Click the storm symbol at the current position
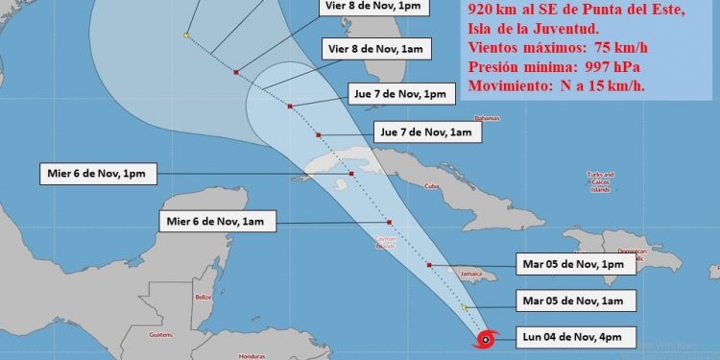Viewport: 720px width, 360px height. point(486,339)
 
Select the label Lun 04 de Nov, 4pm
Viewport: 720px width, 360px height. point(574,338)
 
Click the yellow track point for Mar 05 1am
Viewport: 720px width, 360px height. point(465,307)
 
